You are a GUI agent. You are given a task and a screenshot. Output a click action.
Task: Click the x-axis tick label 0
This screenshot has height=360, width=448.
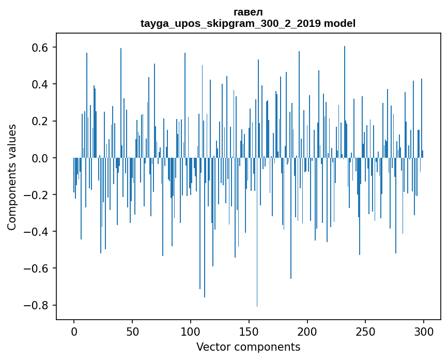(74, 331)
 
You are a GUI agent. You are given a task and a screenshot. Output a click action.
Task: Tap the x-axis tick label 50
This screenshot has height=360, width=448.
(132, 331)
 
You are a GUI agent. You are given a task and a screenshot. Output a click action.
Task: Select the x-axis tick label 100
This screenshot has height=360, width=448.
(191, 331)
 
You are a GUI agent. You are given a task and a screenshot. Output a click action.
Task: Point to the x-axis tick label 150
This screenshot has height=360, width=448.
(249, 331)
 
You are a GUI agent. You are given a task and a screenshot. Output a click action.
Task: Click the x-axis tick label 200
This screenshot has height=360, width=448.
(307, 331)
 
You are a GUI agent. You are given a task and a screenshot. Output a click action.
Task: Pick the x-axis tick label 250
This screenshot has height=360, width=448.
(366, 331)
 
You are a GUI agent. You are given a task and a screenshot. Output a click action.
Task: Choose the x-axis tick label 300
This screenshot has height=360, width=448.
(424, 331)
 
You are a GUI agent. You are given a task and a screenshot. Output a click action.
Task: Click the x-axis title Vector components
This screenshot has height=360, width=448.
(248, 347)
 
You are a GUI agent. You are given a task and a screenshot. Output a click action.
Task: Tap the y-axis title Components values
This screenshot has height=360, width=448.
(12, 177)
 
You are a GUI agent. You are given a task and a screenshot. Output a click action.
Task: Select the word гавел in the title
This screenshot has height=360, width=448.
(248, 12)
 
